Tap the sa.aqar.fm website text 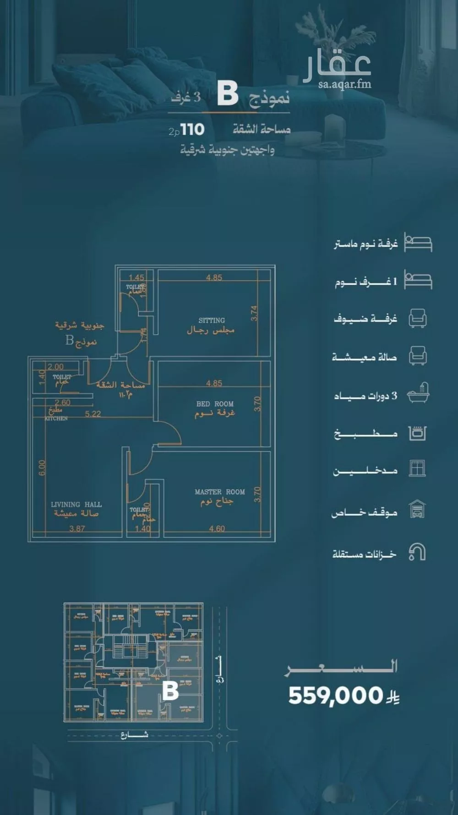pos(344,84)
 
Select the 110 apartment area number pos(192,130)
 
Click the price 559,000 pos(335,695)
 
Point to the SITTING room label pos(212,321)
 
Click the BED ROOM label pos(215,404)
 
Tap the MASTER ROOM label pos(219,492)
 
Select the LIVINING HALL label pos(76,504)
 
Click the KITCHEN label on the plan pos(56,418)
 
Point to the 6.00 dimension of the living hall pos(42,467)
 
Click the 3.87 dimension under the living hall pos(77,528)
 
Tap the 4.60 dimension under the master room pos(217,528)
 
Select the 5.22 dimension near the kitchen pos(93,414)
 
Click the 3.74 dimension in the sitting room pos(254,313)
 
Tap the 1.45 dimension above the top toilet pos(136,277)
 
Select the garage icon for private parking pos(417,509)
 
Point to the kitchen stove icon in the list pos(417,433)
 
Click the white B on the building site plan pos(170,690)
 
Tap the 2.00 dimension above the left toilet pos(55,367)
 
